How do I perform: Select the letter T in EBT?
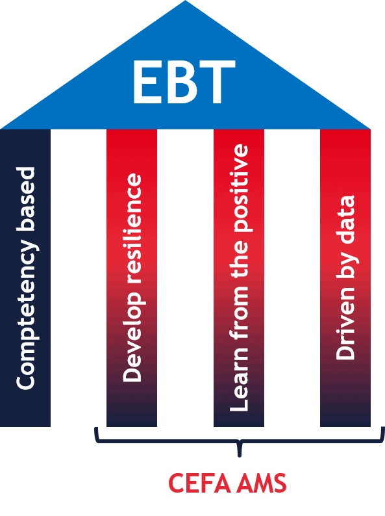pyautogui.click(x=216, y=83)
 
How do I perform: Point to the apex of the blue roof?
pyautogui.click(x=185, y=1)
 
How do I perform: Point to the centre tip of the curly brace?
pyautogui.click(x=240, y=456)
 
